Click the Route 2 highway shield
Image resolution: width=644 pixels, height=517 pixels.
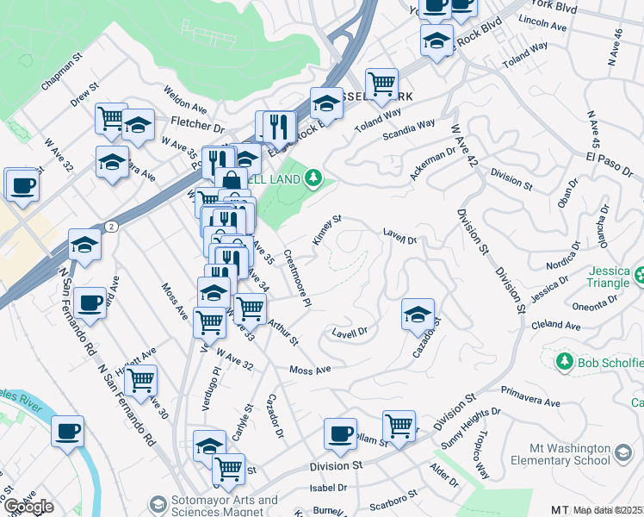click(x=112, y=225)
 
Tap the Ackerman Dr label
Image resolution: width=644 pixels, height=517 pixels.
click(x=432, y=161)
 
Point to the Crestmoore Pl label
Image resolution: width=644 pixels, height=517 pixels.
click(x=296, y=279)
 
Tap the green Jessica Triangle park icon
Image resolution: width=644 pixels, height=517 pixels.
click(x=641, y=277)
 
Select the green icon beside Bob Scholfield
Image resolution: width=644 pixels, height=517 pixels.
click(x=565, y=360)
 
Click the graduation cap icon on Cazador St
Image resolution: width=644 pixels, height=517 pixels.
click(x=418, y=315)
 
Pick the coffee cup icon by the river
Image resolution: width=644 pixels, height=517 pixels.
click(x=67, y=433)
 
